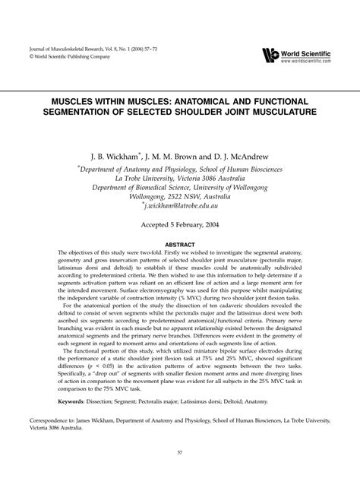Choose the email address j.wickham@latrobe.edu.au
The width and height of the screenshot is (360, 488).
179,205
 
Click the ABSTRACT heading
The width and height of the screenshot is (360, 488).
180,246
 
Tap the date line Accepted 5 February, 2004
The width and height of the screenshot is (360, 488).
180,226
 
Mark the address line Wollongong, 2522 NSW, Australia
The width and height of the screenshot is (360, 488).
179,194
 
